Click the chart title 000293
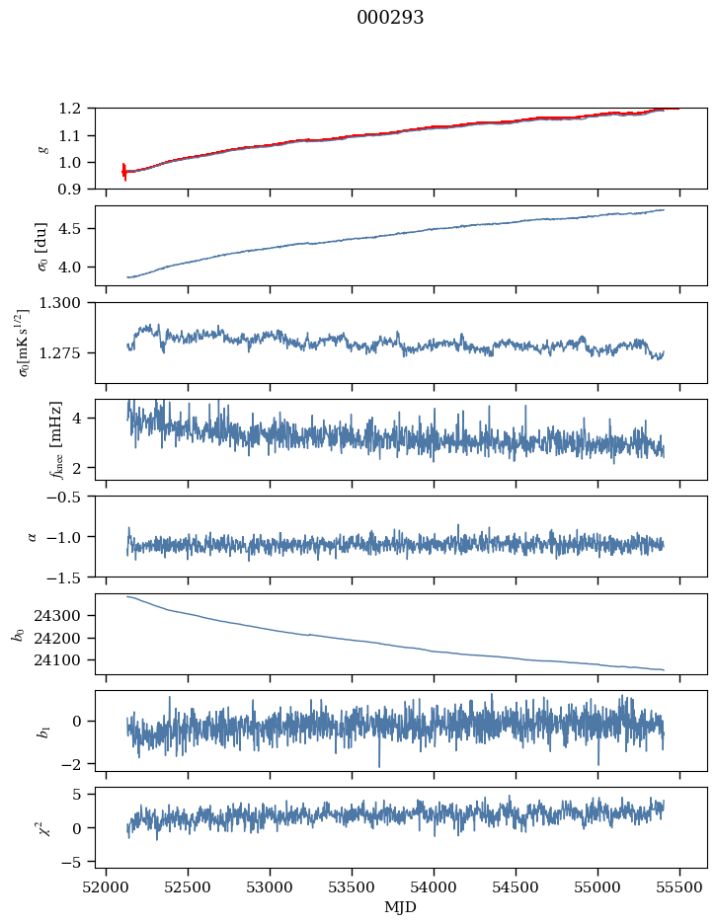[390, 18]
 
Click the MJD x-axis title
[401, 907]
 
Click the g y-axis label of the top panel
[41, 148]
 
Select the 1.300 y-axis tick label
[67, 303]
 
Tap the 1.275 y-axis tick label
[67, 352]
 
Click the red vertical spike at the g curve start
[124, 172]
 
